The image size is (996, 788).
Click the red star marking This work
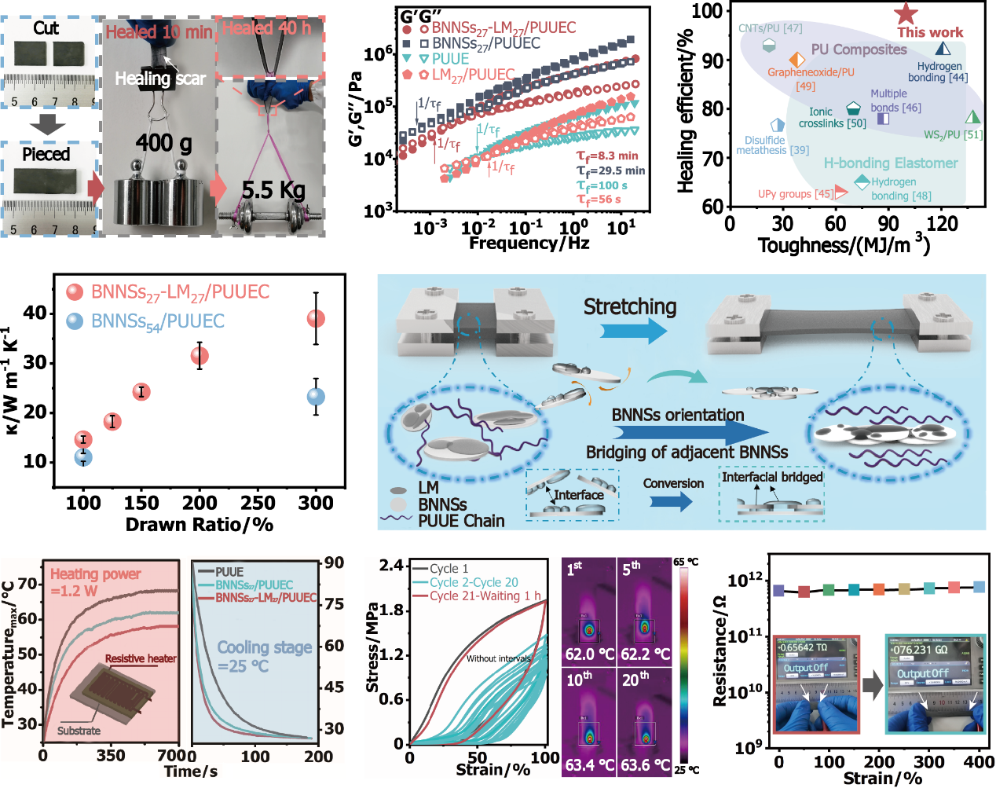click(x=906, y=13)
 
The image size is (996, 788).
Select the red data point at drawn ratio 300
click(x=316, y=318)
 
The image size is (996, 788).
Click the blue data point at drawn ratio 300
click(x=316, y=397)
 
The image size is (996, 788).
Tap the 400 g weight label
click(x=163, y=143)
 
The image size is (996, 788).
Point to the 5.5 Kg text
click(x=273, y=190)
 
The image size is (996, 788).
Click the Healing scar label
click(x=159, y=79)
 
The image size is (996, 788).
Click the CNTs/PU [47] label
click(x=770, y=28)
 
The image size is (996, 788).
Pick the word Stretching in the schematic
click(x=629, y=306)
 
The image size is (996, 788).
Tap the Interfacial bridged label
click(x=772, y=477)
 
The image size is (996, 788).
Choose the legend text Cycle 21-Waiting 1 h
click(x=485, y=596)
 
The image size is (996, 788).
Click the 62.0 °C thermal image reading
click(x=589, y=654)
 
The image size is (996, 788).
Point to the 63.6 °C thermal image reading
click(x=645, y=764)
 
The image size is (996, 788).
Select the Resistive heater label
click(x=141, y=658)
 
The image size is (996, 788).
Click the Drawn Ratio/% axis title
click(x=200, y=525)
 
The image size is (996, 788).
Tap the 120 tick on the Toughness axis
click(x=941, y=224)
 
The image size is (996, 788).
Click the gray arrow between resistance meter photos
click(x=872, y=685)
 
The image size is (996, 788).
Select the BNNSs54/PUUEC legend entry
click(x=157, y=321)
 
